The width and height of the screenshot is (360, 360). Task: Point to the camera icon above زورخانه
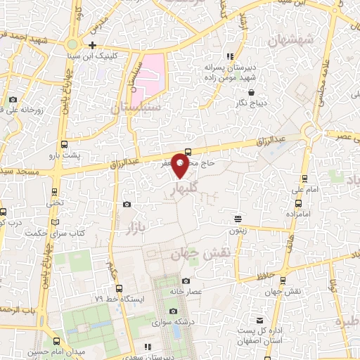point(13,100)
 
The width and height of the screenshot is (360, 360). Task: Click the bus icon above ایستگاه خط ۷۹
point(120,288)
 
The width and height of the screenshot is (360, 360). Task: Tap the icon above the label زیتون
point(238,219)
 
